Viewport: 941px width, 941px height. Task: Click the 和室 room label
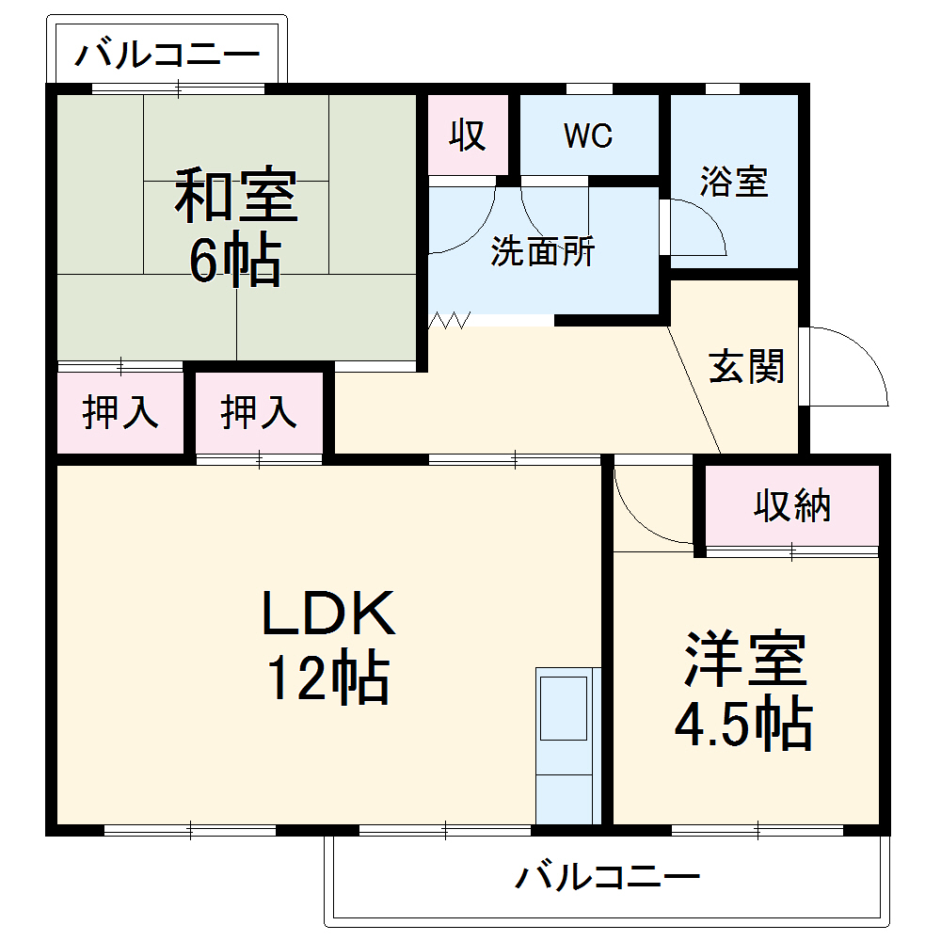tap(235, 195)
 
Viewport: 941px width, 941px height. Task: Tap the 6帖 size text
tap(235, 261)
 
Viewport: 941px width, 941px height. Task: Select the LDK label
tap(327, 614)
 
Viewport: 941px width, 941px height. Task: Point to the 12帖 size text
tap(327, 678)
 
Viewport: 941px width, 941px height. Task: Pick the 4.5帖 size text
tap(742, 724)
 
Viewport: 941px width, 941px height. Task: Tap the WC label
tap(588, 136)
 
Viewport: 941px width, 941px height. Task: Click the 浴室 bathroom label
tap(734, 182)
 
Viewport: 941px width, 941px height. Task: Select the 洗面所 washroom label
tap(543, 252)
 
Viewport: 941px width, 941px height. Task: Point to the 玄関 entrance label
tap(746, 367)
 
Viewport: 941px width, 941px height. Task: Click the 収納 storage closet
tap(792, 506)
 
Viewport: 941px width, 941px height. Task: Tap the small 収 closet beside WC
tap(468, 136)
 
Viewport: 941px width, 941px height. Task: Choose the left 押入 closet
tap(120, 413)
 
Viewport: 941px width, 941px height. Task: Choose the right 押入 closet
tap(259, 413)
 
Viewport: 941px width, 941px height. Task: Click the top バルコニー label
tap(167, 55)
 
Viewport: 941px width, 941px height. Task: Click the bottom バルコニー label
tap(608, 879)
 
